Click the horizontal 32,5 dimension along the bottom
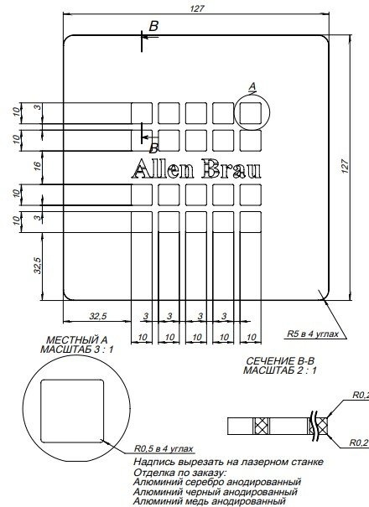[x=97, y=316]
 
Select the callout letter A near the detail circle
[x=252, y=86]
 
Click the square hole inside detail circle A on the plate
[x=251, y=111]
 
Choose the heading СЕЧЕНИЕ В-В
[x=282, y=360]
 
